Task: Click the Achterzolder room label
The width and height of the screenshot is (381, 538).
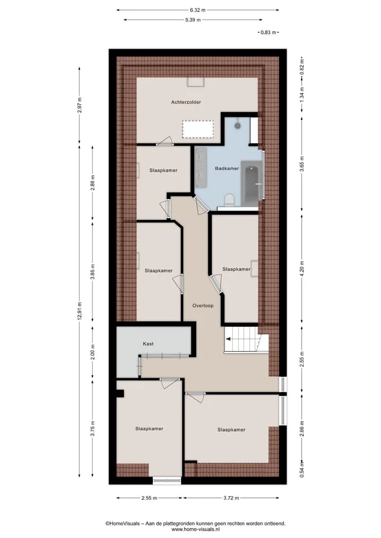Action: (x=186, y=102)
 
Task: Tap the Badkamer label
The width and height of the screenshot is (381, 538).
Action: (x=227, y=168)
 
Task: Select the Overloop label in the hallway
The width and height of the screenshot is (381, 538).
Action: (x=203, y=306)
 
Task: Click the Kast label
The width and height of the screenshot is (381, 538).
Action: (x=148, y=344)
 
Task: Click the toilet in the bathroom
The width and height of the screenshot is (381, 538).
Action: (x=229, y=200)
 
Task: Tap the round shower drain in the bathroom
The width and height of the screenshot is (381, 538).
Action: (x=238, y=125)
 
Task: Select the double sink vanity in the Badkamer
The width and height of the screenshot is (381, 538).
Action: (x=201, y=168)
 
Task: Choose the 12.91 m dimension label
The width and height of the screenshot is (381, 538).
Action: (x=79, y=312)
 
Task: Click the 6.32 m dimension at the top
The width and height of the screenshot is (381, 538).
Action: (x=198, y=10)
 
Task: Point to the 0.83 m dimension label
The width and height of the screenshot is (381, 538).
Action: (x=268, y=33)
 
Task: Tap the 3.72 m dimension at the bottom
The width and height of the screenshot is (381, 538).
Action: (x=231, y=498)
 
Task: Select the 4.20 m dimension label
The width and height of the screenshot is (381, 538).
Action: (x=302, y=269)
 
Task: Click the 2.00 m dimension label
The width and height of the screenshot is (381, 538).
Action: (x=93, y=352)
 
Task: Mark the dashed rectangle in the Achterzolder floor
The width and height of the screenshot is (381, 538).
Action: (x=198, y=129)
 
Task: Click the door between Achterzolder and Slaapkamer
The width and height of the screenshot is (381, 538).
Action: (x=165, y=142)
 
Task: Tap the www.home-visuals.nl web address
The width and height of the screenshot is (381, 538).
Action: (x=195, y=530)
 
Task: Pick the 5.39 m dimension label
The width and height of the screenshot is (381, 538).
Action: (x=193, y=20)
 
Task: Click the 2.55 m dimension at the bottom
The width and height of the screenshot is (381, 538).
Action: (x=149, y=498)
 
